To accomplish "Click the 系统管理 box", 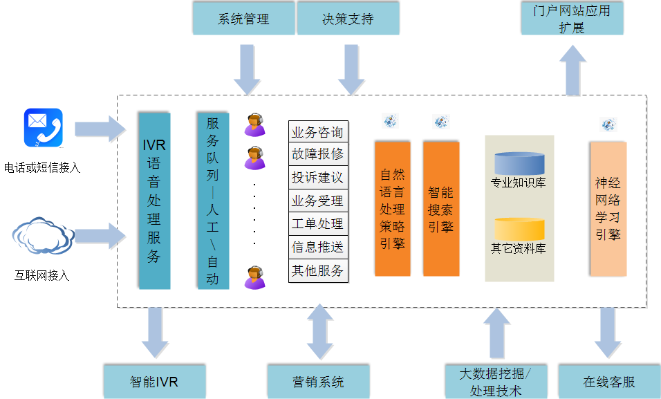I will click(243, 19).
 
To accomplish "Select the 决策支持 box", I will click(348, 19).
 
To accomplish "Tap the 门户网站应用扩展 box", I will click(571, 19).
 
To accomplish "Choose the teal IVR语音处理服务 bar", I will click(154, 201).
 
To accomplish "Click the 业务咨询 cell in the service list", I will click(317, 132).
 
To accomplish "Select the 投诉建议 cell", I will click(317, 178).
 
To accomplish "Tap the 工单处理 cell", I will click(317, 224).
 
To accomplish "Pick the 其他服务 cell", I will click(317, 270).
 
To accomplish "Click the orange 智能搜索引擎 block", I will click(441, 208).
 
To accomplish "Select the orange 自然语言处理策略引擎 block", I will click(392, 208).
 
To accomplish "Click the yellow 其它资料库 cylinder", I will click(519, 229).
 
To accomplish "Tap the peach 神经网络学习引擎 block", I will click(608, 208).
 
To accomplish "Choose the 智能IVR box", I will click(154, 382).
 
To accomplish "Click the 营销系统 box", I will click(317, 382).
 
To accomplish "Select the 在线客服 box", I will click(608, 382).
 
